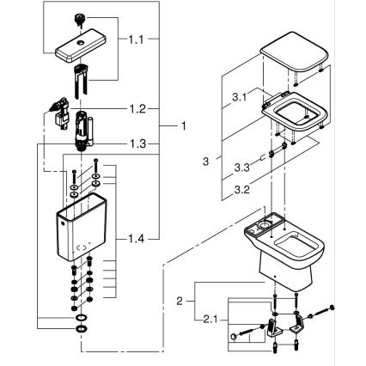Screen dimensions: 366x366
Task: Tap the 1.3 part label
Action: click(x=137, y=143)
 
